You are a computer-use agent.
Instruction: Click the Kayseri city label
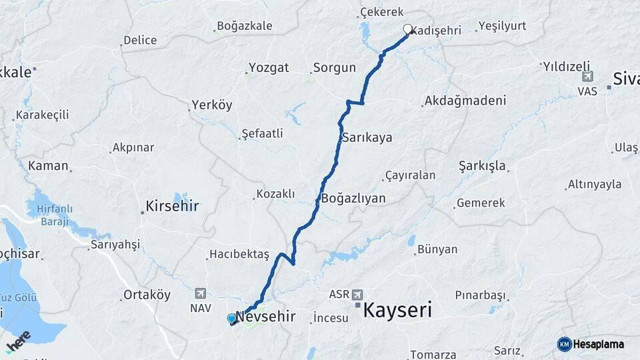coord(397,310)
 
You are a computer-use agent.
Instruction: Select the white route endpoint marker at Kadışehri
coord(407,29)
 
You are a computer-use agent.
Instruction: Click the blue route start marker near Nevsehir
coord(231,319)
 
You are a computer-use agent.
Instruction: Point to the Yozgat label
coord(269,67)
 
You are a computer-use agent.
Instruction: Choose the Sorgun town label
coord(334,68)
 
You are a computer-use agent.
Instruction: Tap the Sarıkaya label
coord(367,138)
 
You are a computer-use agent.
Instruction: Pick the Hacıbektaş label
coord(239,254)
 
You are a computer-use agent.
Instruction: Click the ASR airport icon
coord(358,294)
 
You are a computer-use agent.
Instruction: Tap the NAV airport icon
coord(201,294)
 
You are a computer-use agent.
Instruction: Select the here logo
coord(19,340)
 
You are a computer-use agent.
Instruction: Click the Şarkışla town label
coord(482,165)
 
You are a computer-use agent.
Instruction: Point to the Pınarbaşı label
coord(480,295)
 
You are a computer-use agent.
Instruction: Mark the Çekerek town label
coord(382,12)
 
